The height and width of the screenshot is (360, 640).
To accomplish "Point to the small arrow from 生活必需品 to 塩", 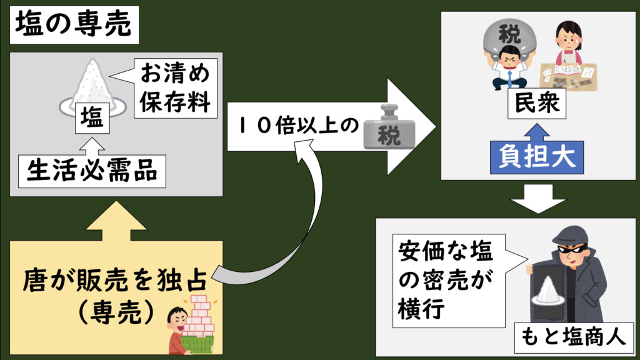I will click(x=92, y=146).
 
